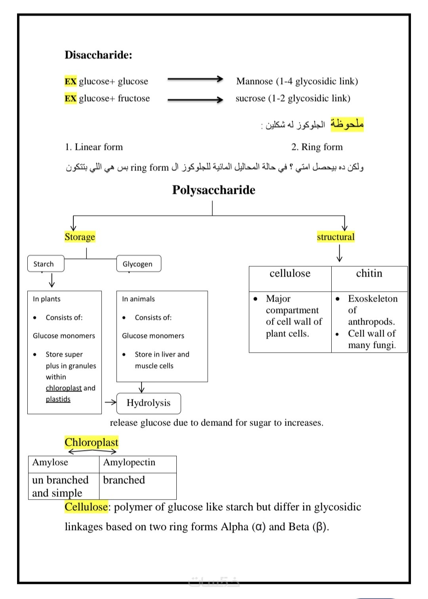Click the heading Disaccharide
point(98,55)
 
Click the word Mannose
point(254,81)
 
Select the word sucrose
point(250,98)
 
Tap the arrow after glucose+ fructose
point(195,99)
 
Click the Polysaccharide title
point(214,190)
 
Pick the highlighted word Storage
point(80,237)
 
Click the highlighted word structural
point(336,237)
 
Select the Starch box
point(46,264)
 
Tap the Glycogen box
point(139,264)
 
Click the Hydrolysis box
point(149,403)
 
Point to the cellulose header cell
point(290,274)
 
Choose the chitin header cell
point(369,274)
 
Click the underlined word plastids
point(58,399)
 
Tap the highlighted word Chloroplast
point(92,442)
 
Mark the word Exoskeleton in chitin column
point(373,299)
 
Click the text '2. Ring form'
point(317,147)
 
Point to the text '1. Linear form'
point(94,147)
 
